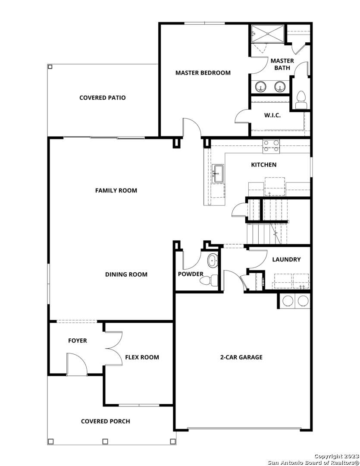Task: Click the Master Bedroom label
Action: click(x=203, y=73)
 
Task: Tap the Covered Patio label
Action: click(x=103, y=98)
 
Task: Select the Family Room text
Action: click(x=116, y=191)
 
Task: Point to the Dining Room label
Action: click(x=126, y=274)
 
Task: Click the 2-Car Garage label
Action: click(x=241, y=357)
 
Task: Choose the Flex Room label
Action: click(x=142, y=357)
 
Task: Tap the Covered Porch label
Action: click(x=106, y=422)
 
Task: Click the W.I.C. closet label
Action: click(x=272, y=115)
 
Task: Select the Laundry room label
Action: click(x=286, y=259)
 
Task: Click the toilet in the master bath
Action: click(x=301, y=100)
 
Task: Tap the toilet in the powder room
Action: click(x=209, y=280)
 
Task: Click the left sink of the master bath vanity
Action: click(x=261, y=86)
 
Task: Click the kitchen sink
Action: click(x=219, y=173)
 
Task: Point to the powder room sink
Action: click(x=212, y=261)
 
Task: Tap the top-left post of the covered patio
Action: click(x=50, y=67)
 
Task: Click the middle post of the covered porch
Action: click(x=105, y=441)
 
